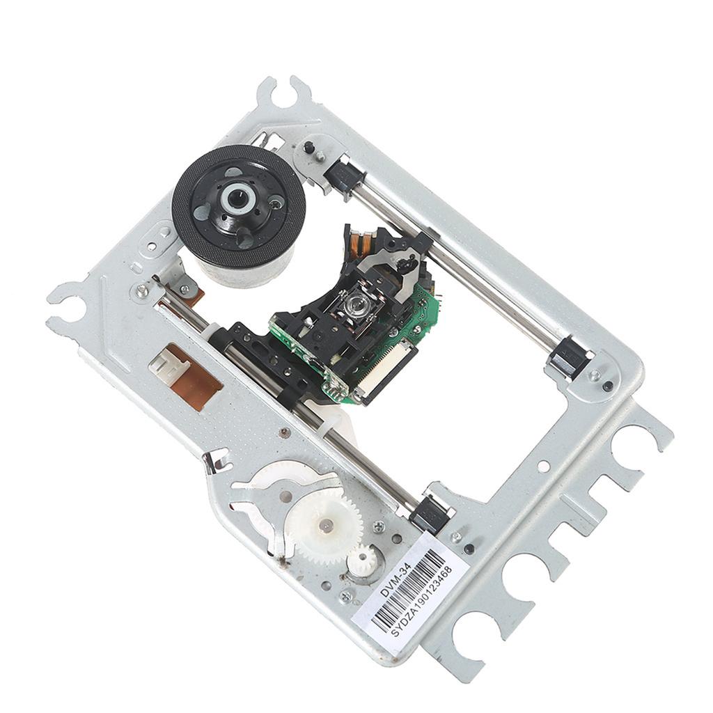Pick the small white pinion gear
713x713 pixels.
pyautogui.click(x=362, y=559)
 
